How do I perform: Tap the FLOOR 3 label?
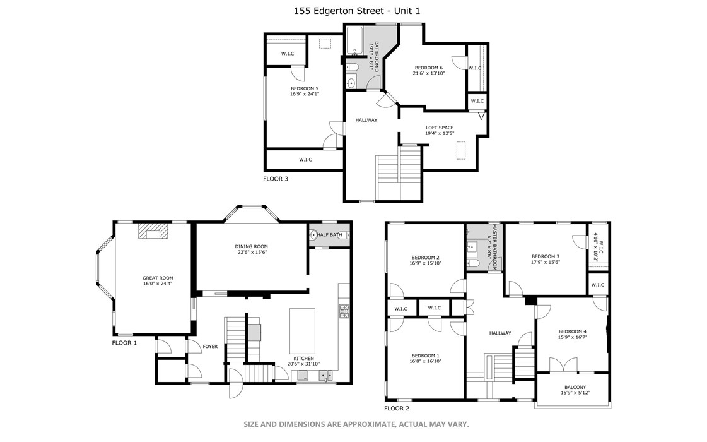click(275, 179)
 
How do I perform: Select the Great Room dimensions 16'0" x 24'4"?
click(157, 284)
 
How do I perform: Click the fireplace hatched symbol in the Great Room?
click(153, 232)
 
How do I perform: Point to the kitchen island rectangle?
click(302, 330)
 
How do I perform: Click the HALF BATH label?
click(330, 235)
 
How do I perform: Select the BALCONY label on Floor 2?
click(575, 388)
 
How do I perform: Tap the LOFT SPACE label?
click(439, 128)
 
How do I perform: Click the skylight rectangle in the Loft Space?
click(460, 152)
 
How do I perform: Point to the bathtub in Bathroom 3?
click(354, 39)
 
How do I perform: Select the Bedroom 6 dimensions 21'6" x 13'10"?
click(429, 73)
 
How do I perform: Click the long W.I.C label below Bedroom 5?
click(305, 160)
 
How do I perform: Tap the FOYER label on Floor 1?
click(209, 346)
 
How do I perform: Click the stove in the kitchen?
click(344, 310)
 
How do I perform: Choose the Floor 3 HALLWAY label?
click(366, 120)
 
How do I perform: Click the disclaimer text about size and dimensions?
click(356, 424)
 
